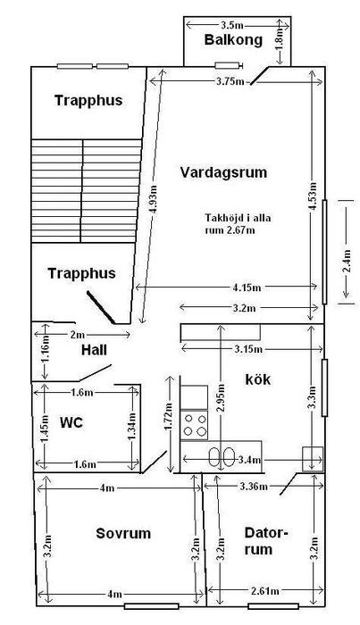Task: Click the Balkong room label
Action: pos(233,40)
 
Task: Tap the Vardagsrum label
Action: pos(223,172)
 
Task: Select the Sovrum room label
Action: pos(123,533)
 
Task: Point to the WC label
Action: pos(71,422)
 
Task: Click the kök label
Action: pos(257,379)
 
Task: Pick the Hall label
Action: pos(94,350)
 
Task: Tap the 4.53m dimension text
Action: pos(314,196)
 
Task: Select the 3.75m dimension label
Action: pos(230,82)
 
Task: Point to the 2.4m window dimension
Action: pos(347,261)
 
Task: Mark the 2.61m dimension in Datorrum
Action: pos(265,591)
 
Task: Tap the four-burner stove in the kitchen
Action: pos(194,425)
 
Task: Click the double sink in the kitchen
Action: pos(222,456)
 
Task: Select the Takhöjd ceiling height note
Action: pos(238,224)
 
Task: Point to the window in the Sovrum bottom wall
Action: pos(151,606)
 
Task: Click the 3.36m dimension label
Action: pos(254,487)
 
